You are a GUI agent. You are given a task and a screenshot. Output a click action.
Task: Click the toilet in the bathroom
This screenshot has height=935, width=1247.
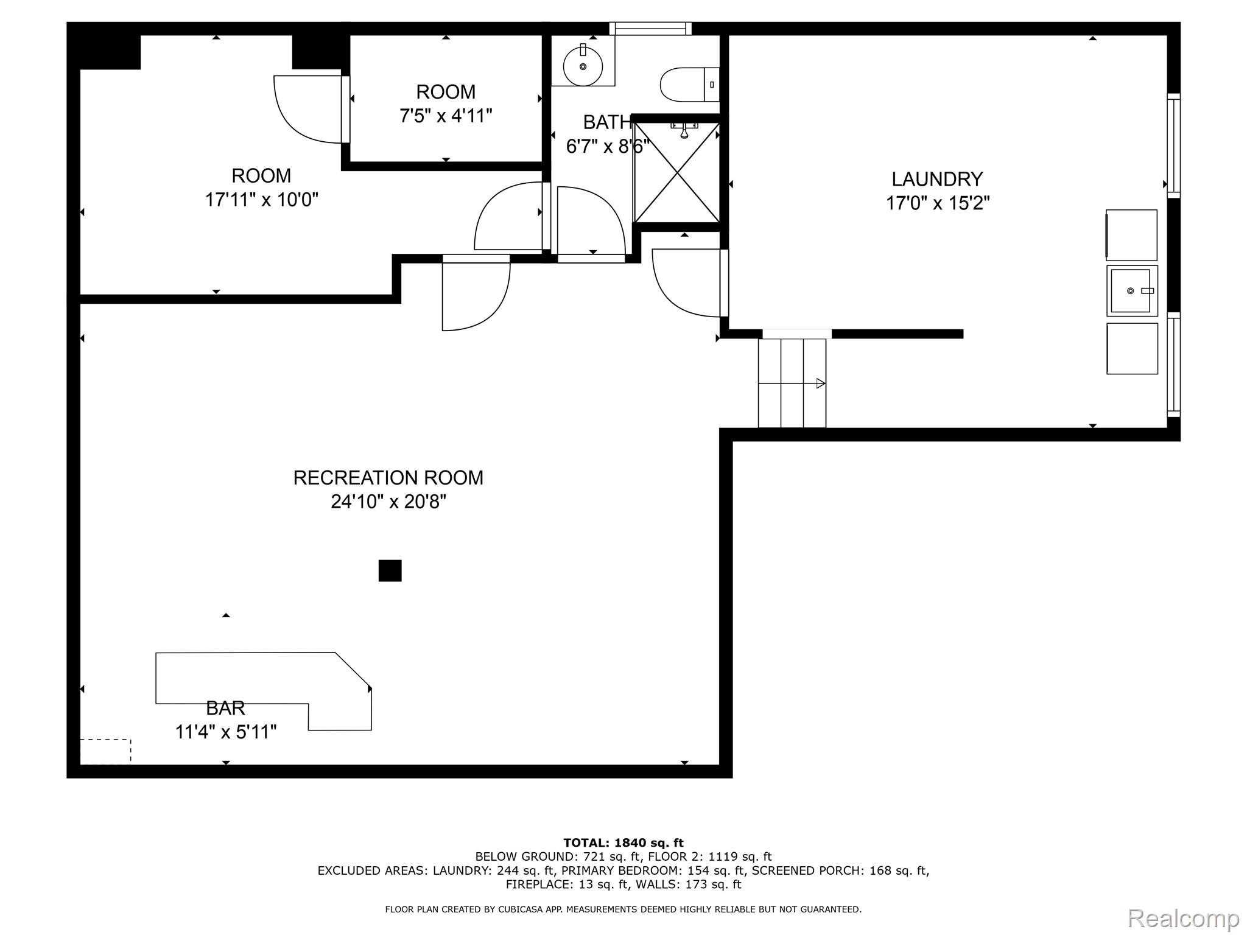coord(690,84)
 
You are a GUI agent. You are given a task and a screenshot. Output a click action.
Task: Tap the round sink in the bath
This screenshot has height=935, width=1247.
coord(583,66)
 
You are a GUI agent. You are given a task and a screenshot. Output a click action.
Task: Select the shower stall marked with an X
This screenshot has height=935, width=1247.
coord(677,172)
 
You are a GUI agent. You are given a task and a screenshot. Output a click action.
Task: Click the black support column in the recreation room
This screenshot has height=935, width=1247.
coord(390,570)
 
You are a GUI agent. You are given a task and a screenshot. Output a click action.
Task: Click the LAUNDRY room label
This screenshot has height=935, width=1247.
coord(937,179)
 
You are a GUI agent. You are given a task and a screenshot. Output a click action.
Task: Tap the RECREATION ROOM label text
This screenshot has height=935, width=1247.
coord(388,478)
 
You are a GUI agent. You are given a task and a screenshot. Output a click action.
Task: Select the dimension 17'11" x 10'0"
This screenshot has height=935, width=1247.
coord(262,200)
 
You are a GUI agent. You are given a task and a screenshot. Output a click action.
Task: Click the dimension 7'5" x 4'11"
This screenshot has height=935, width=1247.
coord(446,116)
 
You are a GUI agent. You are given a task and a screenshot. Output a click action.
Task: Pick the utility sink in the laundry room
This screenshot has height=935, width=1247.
coord(1132,291)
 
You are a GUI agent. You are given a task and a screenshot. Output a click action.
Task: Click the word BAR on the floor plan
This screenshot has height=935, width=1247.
coord(225,708)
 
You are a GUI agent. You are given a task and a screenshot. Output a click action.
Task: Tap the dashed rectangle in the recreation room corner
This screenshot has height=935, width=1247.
coord(105,751)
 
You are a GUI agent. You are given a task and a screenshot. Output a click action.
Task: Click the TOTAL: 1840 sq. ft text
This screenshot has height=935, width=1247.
coord(623,842)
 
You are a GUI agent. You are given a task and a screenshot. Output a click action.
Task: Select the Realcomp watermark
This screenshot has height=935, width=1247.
coord(1183,918)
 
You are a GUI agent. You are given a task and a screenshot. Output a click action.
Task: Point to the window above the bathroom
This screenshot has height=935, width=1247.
coord(650,29)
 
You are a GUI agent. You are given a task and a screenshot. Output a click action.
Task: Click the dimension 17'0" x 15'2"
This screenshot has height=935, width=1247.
coord(938,203)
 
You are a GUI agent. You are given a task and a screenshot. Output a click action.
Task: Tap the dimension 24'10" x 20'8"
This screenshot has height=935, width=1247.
coord(388,502)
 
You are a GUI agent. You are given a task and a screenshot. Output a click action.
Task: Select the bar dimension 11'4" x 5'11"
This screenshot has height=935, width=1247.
coord(226,732)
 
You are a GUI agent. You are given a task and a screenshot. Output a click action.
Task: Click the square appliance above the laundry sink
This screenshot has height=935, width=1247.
coord(1131,236)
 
